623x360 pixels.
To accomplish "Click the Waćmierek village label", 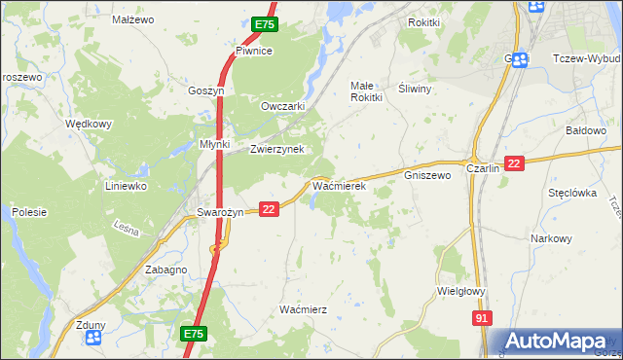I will click(338, 184).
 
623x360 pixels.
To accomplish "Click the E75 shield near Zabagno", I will click(194, 334).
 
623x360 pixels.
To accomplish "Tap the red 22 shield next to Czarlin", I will click(515, 163).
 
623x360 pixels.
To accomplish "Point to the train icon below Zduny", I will click(93, 338).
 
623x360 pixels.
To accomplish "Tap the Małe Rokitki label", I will click(369, 91).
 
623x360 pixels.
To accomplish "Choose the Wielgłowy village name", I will click(461, 290).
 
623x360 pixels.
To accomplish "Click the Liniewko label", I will click(126, 185).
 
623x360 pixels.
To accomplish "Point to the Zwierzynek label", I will click(277, 149).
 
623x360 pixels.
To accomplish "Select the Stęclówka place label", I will click(571, 193).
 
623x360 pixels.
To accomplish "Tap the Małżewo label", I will click(133, 18).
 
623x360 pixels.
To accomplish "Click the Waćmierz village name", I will click(303, 308).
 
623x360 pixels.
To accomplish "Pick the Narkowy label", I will click(550, 238).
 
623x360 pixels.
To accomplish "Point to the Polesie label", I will click(29, 211).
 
